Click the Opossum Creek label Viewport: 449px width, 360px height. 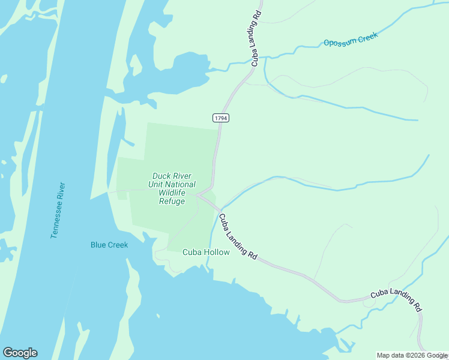[351, 40]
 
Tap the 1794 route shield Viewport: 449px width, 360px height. [220, 118]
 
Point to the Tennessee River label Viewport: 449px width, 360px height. [58, 211]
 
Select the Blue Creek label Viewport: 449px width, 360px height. [109, 245]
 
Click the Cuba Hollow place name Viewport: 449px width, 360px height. [206, 253]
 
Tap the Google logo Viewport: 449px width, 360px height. [20, 353]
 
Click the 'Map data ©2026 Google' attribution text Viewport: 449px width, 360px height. [412, 355]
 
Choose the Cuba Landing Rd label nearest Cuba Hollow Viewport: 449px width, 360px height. [238, 236]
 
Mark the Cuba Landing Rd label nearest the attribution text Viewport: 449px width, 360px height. [396, 299]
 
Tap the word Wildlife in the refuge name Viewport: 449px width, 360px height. [172, 193]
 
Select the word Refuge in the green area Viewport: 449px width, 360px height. [172, 201]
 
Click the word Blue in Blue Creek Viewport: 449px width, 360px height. [98, 245]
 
